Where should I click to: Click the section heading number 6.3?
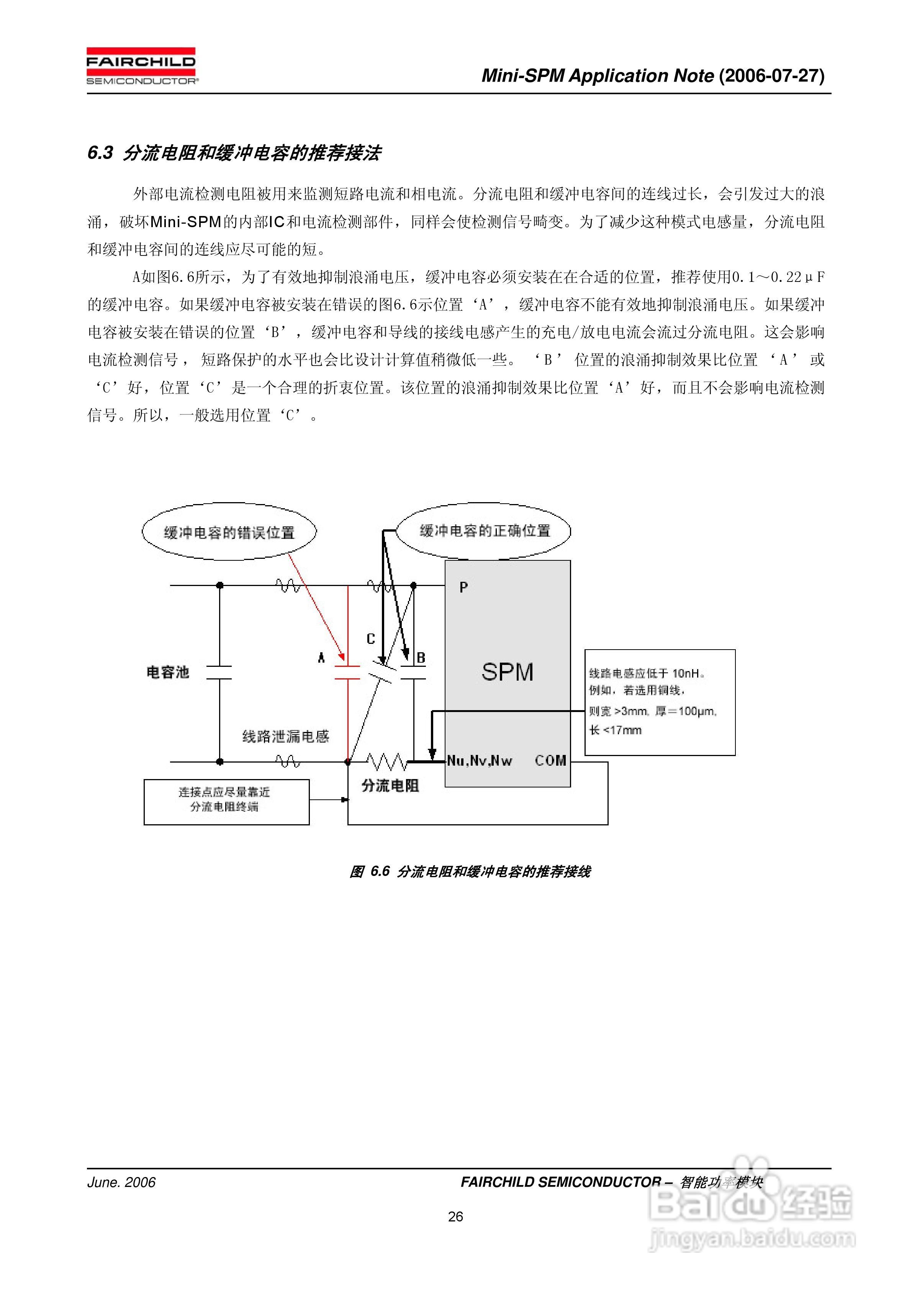(100, 153)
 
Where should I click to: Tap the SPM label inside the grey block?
(507, 672)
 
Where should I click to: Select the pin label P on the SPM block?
(463, 588)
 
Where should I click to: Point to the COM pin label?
(550, 761)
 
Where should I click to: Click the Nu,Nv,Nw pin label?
(479, 761)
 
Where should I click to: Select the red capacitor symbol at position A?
(347, 673)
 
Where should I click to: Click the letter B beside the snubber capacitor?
(421, 657)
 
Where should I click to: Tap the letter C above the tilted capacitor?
(371, 639)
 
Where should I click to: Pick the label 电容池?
(167, 673)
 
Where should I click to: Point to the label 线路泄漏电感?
(285, 737)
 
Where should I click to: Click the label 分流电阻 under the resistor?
(390, 786)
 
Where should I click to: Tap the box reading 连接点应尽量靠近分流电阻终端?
(226, 801)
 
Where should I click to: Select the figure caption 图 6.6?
(370, 871)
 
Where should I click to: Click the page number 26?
(456, 1216)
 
